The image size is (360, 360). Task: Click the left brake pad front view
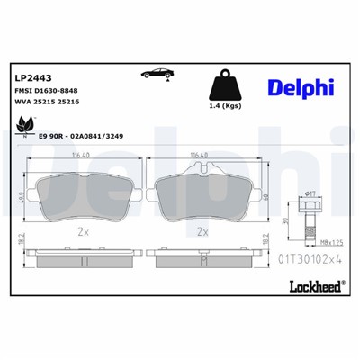(x=78, y=194)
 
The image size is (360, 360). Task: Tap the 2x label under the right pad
(x=202, y=231)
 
